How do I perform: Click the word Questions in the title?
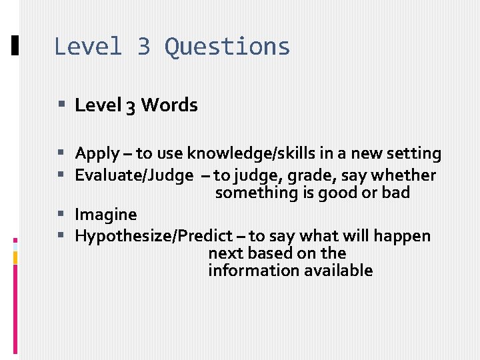pyautogui.click(x=227, y=47)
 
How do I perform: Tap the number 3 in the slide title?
pyautogui.click(x=143, y=47)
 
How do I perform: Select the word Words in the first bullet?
pyautogui.click(x=169, y=105)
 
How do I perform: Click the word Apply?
pyautogui.click(x=97, y=154)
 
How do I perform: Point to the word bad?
pyautogui.click(x=395, y=193)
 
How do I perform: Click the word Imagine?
pyautogui.click(x=106, y=215)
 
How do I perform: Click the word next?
pyautogui.click(x=225, y=253)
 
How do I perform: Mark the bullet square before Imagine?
pyautogui.click(x=61, y=215)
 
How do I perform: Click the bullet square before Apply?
pyautogui.click(x=61, y=154)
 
